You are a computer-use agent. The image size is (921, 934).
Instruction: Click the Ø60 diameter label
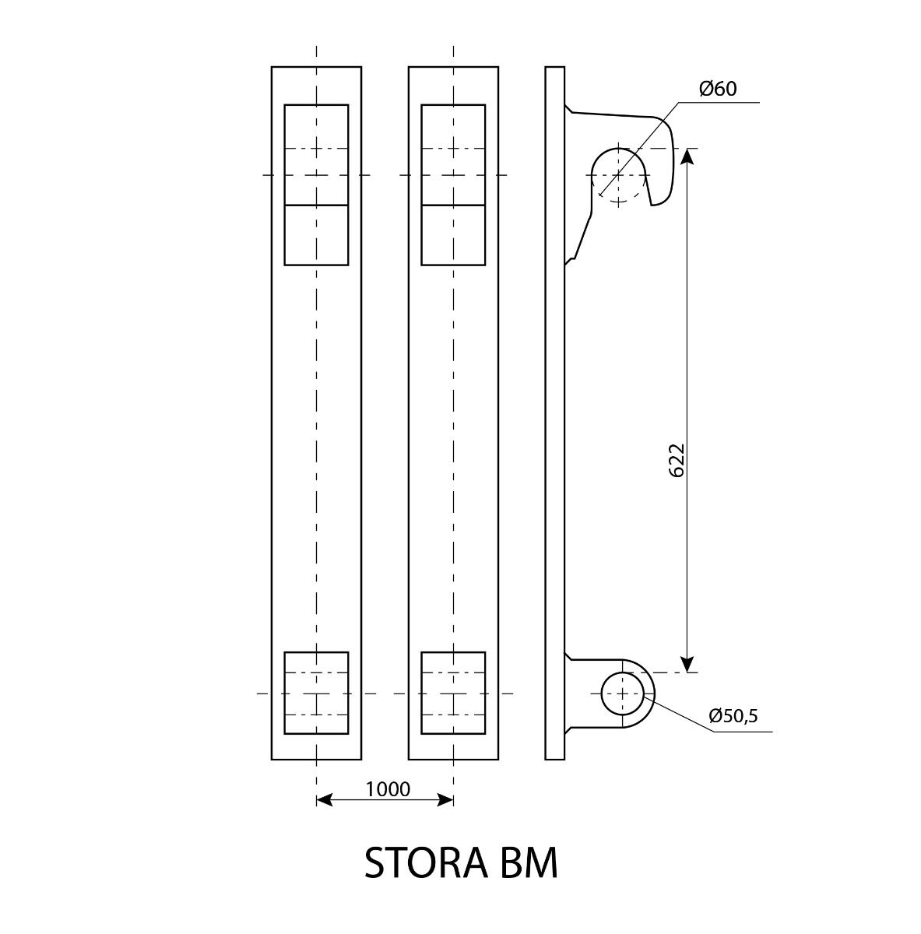point(718,89)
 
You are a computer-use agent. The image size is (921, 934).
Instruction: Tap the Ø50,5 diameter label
point(733,715)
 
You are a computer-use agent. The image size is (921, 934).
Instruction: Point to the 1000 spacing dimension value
point(388,789)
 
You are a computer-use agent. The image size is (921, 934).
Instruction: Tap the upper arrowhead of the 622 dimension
point(687,156)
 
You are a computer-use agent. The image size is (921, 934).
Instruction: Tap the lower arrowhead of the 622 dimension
point(687,664)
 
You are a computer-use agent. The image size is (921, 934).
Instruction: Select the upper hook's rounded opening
point(619,149)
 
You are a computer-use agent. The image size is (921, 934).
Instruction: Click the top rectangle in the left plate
point(316,105)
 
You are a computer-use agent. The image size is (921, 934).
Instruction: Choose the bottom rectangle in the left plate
point(316,653)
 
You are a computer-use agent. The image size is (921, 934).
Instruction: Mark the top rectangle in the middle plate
point(453,105)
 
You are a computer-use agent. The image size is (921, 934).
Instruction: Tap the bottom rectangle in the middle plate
point(453,653)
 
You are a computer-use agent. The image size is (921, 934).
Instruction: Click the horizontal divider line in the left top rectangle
point(316,205)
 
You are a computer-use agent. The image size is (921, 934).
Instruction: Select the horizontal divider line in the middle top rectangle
point(453,205)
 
